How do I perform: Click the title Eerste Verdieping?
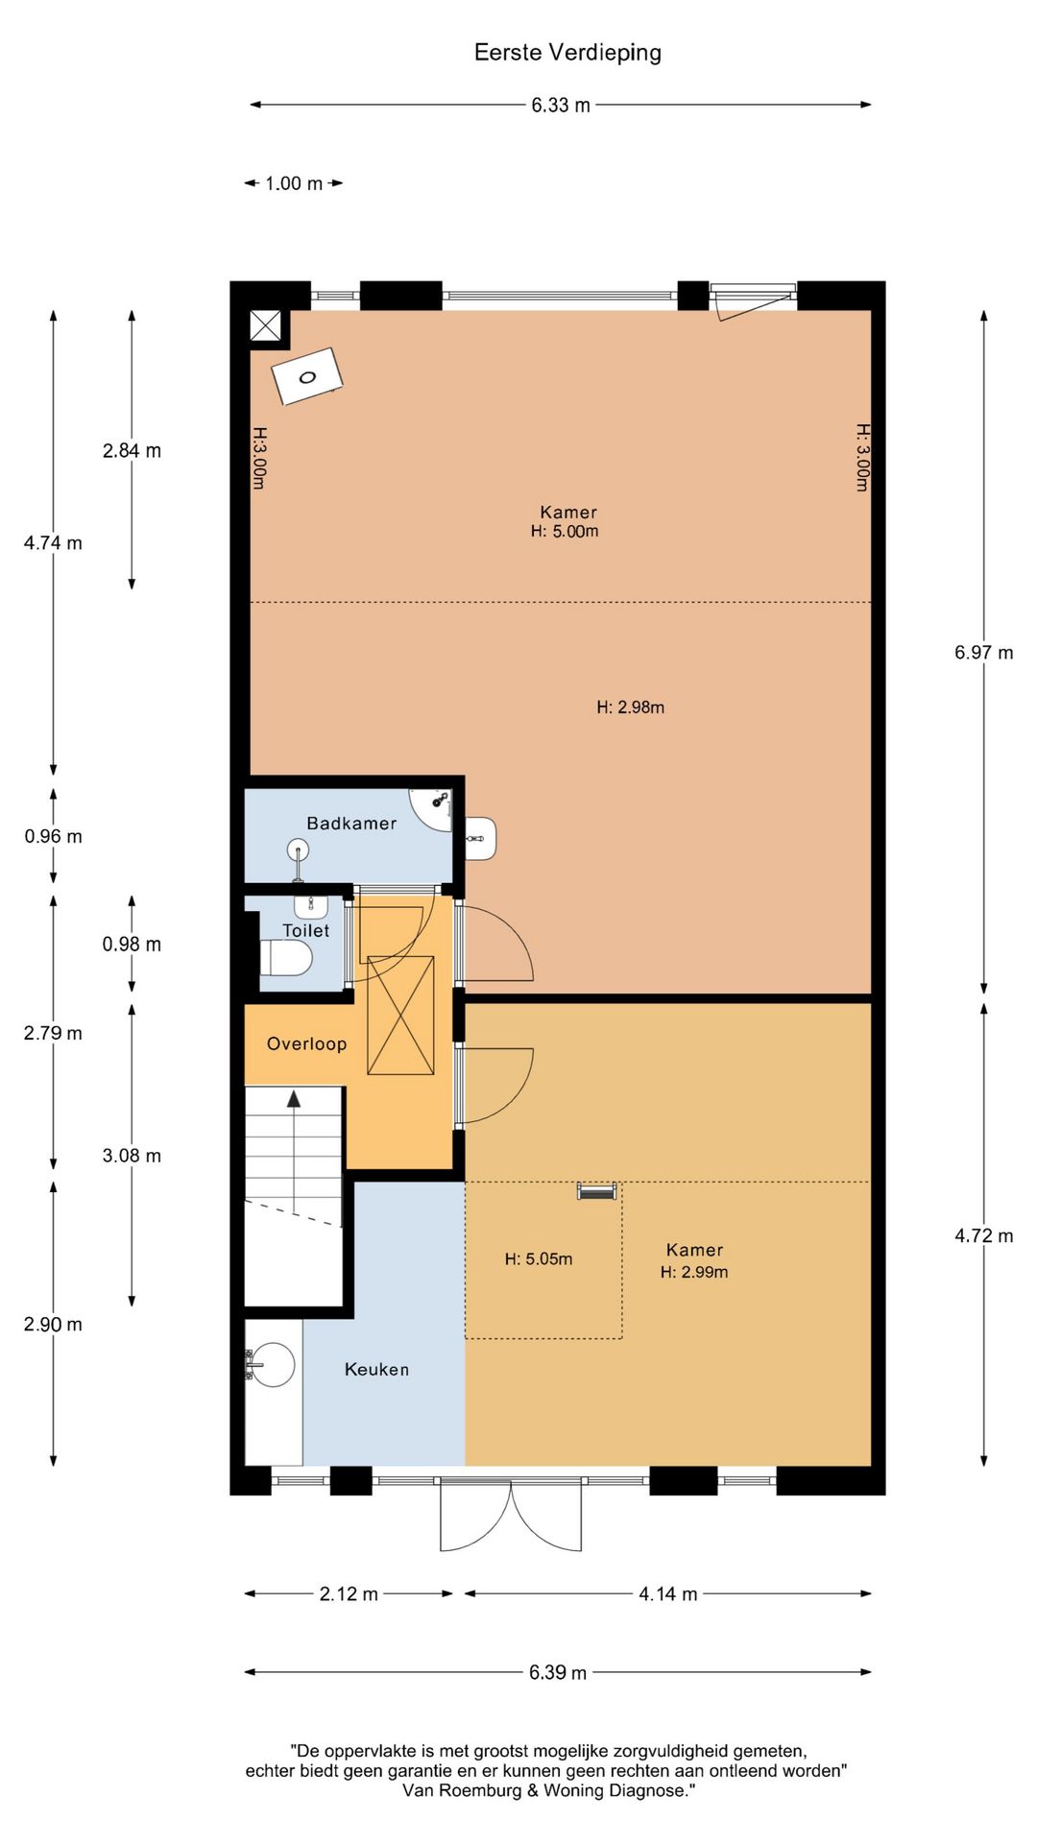(567, 53)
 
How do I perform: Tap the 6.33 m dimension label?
(561, 105)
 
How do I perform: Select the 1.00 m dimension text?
(294, 183)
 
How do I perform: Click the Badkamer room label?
(351, 823)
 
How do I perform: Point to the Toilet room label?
(305, 930)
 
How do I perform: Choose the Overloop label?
(306, 1043)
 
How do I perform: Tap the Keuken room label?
(376, 1370)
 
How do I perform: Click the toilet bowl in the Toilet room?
(287, 957)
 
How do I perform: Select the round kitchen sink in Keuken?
(273, 1365)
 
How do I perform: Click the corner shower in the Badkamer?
(432, 808)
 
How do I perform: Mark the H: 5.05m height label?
(539, 1258)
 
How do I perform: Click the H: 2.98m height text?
(630, 707)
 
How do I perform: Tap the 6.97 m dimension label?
(983, 653)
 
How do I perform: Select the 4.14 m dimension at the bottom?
(668, 1593)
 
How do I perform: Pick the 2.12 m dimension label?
(349, 1593)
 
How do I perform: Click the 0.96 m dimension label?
(54, 836)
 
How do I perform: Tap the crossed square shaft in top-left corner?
(265, 325)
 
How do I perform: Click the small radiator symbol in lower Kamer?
(596, 1191)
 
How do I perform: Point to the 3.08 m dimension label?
(132, 1156)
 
